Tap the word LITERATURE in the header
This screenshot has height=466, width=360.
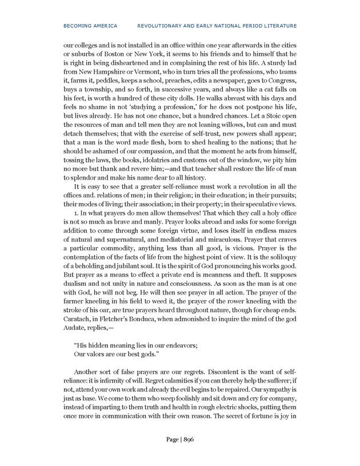(280, 26)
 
